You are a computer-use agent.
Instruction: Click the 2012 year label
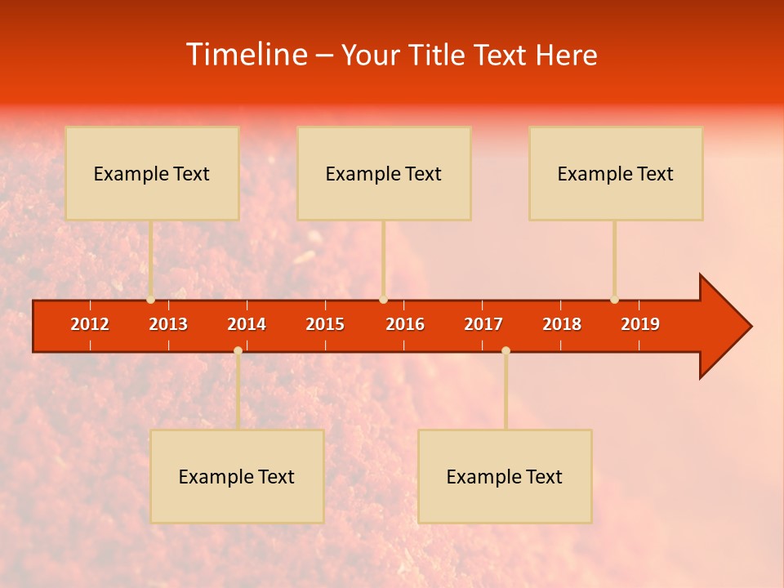pyautogui.click(x=90, y=324)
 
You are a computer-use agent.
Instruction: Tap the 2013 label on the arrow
pyautogui.click(x=168, y=324)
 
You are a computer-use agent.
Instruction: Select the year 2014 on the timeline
pyautogui.click(x=247, y=324)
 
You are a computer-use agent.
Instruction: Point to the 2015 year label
pyautogui.click(x=325, y=324)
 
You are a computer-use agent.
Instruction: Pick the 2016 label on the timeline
pyautogui.click(x=405, y=324)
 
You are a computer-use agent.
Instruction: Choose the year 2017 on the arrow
pyautogui.click(x=483, y=324)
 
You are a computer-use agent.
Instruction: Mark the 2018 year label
pyautogui.click(x=562, y=324)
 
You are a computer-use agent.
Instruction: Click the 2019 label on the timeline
pyautogui.click(x=640, y=324)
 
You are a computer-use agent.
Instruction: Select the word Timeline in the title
pyautogui.click(x=247, y=55)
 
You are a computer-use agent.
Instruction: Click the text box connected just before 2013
pyautogui.click(x=152, y=173)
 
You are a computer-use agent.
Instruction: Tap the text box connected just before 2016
pyautogui.click(x=384, y=173)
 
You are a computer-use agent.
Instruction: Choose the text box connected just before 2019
pyautogui.click(x=616, y=173)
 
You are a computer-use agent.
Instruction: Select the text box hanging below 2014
pyautogui.click(x=237, y=476)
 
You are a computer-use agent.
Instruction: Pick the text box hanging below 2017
pyautogui.click(x=505, y=476)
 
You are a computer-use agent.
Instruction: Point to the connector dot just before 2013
pyautogui.click(x=151, y=300)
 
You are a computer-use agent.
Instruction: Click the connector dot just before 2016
pyautogui.click(x=383, y=300)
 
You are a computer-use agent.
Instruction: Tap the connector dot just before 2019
pyautogui.click(x=615, y=300)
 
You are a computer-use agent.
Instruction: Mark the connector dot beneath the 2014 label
pyautogui.click(x=238, y=350)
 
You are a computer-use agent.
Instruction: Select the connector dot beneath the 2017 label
pyautogui.click(x=506, y=350)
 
